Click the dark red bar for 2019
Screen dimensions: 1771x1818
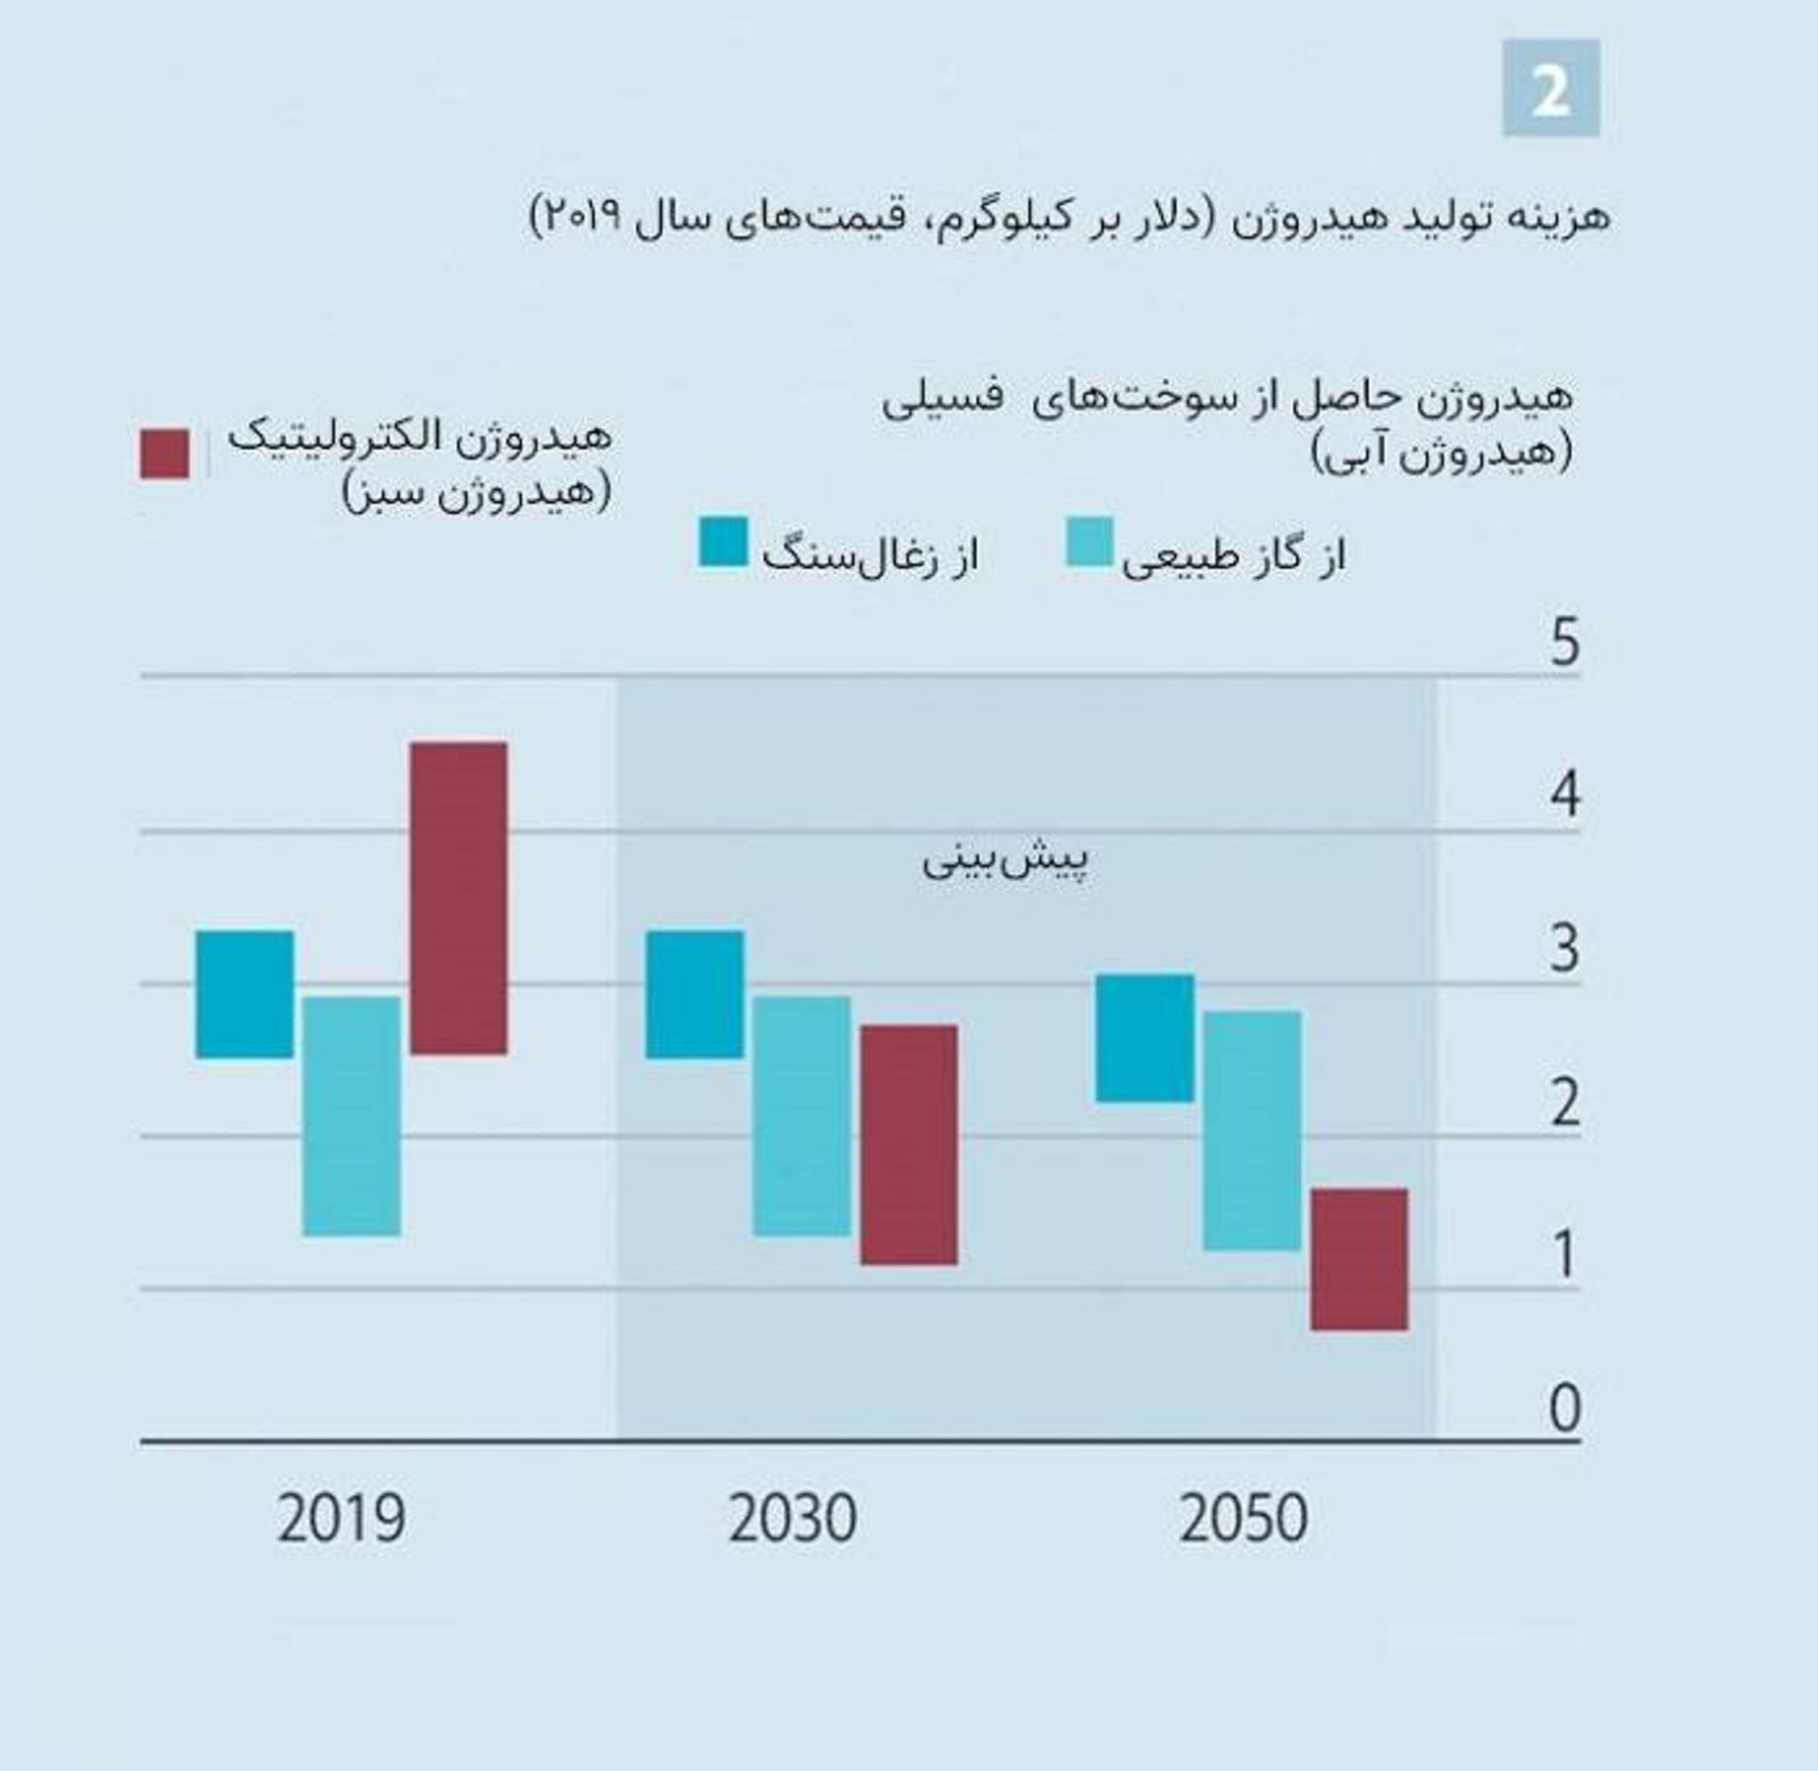point(458,897)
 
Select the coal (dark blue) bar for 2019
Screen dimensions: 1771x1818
point(244,994)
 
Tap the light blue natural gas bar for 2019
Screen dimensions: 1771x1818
point(351,1116)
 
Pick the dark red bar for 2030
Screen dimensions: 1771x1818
point(909,1144)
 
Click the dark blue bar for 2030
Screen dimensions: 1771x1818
point(695,994)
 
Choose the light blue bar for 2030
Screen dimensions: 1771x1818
point(801,1116)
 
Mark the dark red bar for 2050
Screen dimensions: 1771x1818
point(1359,1259)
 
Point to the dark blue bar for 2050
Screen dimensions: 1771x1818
point(1145,1037)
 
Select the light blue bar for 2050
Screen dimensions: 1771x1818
point(1252,1130)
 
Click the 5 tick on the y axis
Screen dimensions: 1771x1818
point(1565,643)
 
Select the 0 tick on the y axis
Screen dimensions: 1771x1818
point(1565,1408)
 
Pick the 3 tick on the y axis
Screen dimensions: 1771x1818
point(1565,948)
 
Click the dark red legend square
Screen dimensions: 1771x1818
point(165,453)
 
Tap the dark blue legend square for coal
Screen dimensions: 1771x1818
point(722,542)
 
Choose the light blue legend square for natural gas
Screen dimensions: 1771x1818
point(1089,542)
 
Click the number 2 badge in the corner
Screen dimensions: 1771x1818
point(1551,88)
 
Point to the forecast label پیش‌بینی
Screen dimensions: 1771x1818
point(1006,860)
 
